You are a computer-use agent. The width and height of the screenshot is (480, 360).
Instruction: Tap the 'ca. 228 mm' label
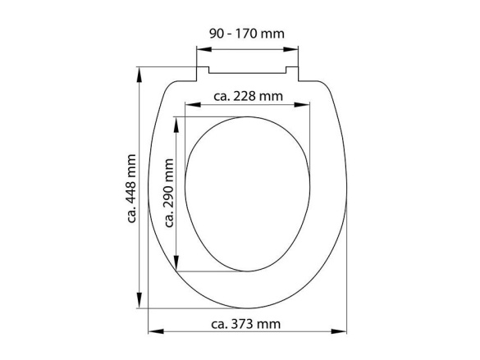click(248, 96)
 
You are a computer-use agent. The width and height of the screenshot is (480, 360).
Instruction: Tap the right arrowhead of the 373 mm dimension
click(344, 332)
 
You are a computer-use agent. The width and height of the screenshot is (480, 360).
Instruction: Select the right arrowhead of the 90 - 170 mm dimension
click(297, 48)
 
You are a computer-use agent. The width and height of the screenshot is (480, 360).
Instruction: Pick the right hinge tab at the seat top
click(295, 75)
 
